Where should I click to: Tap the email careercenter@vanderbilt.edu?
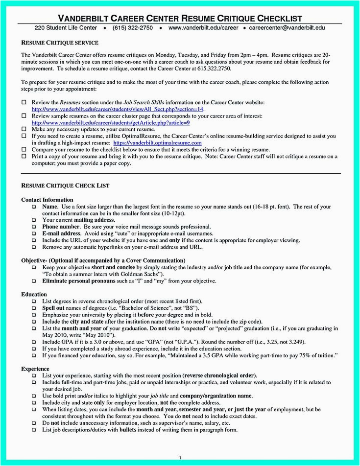(x=287, y=28)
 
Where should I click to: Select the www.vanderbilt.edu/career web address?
(x=203, y=28)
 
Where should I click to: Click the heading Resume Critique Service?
(x=60, y=43)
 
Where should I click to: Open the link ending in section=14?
(x=118, y=109)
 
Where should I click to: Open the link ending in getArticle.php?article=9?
(x=111, y=122)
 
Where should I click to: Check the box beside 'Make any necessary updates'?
(x=24, y=129)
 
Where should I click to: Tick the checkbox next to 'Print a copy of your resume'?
(x=24, y=157)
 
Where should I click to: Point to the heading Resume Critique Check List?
(x=65, y=186)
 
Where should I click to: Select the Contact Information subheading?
(x=47, y=200)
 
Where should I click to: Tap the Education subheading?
(x=34, y=295)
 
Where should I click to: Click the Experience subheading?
(x=36, y=368)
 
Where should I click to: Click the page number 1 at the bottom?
(x=180, y=457)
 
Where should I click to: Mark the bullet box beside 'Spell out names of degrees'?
(x=34, y=308)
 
